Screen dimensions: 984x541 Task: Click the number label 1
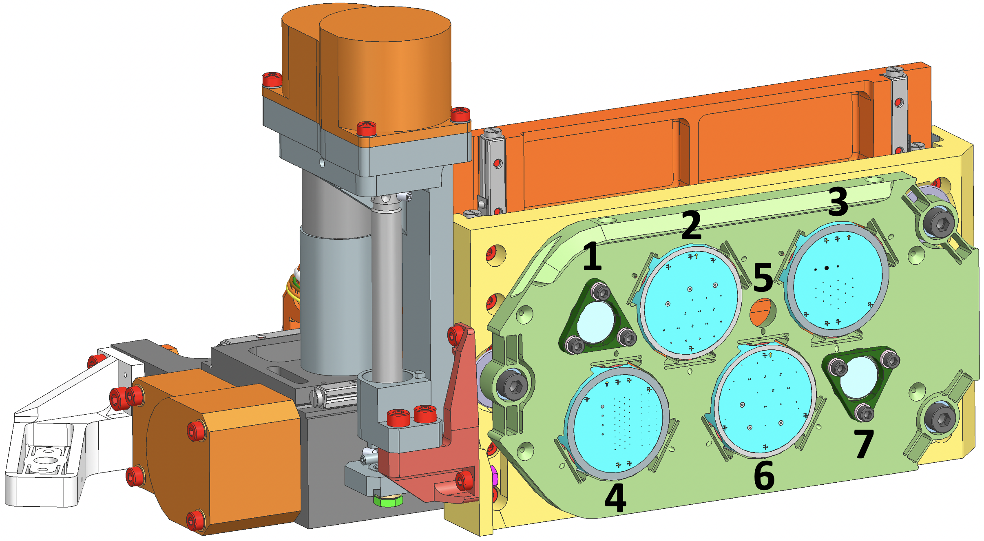593,256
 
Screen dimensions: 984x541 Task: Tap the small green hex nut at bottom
388,500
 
